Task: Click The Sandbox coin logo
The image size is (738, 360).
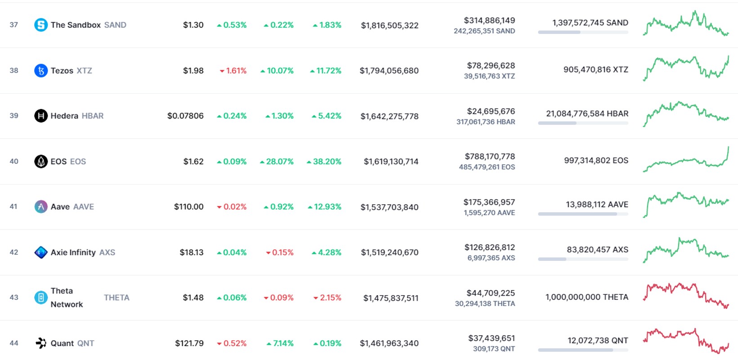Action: click(41, 25)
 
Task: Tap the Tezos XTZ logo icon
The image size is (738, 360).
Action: click(41, 71)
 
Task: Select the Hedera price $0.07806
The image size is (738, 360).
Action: click(185, 116)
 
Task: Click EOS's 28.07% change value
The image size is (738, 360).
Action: click(277, 162)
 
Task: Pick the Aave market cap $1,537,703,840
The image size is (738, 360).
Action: click(389, 207)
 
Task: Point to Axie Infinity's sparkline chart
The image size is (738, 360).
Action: click(686, 250)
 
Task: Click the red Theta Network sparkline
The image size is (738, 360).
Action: click(686, 296)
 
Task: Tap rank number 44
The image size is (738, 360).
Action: click(14, 343)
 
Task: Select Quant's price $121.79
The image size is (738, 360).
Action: click(189, 343)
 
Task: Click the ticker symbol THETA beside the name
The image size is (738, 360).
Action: click(117, 298)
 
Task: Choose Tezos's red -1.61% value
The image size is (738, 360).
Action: click(233, 71)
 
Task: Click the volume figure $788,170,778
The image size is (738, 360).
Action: click(490, 157)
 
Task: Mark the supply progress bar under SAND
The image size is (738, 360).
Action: click(583, 32)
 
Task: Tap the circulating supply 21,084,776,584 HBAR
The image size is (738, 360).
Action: click(587, 114)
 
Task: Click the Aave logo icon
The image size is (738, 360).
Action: click(41, 207)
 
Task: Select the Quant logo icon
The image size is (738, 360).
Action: click(41, 343)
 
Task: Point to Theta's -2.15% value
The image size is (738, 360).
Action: click(327, 298)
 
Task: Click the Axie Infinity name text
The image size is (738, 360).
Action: click(73, 252)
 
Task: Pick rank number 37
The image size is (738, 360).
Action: click(14, 25)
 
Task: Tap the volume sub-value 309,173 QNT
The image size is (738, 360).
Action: click(494, 349)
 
